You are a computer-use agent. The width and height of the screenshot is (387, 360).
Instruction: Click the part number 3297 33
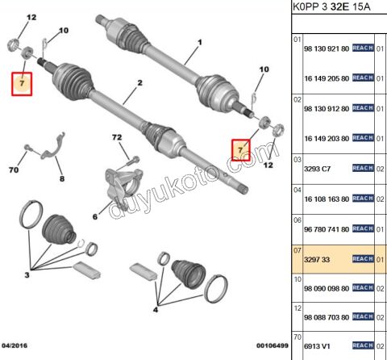(317, 260)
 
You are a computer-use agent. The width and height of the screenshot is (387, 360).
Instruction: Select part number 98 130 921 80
(327, 48)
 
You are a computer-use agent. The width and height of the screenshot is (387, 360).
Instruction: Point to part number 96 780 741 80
(327, 229)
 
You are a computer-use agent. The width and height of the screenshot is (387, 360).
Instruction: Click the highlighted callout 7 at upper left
(22, 84)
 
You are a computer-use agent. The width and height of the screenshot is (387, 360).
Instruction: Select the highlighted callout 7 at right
(241, 150)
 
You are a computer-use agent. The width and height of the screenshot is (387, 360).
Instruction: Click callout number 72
(117, 137)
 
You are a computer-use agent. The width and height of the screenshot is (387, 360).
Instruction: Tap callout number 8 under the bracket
(62, 178)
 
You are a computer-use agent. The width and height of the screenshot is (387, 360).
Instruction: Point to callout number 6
(95, 216)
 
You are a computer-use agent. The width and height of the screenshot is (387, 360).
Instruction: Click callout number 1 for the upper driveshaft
(200, 42)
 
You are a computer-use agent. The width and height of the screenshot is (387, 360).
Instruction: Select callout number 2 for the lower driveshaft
(139, 83)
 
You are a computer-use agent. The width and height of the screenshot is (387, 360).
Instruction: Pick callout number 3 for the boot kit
(27, 275)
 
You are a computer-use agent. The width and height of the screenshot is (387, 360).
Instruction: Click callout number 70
(14, 170)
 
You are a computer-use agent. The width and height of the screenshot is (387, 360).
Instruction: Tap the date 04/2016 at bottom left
(15, 345)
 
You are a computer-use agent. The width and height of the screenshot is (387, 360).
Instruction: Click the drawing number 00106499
(273, 345)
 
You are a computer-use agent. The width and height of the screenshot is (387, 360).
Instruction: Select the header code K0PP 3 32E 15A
(331, 7)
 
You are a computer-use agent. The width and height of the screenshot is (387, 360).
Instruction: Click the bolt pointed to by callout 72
(133, 161)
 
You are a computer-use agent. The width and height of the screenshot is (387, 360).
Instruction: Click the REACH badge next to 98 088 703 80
(363, 316)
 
